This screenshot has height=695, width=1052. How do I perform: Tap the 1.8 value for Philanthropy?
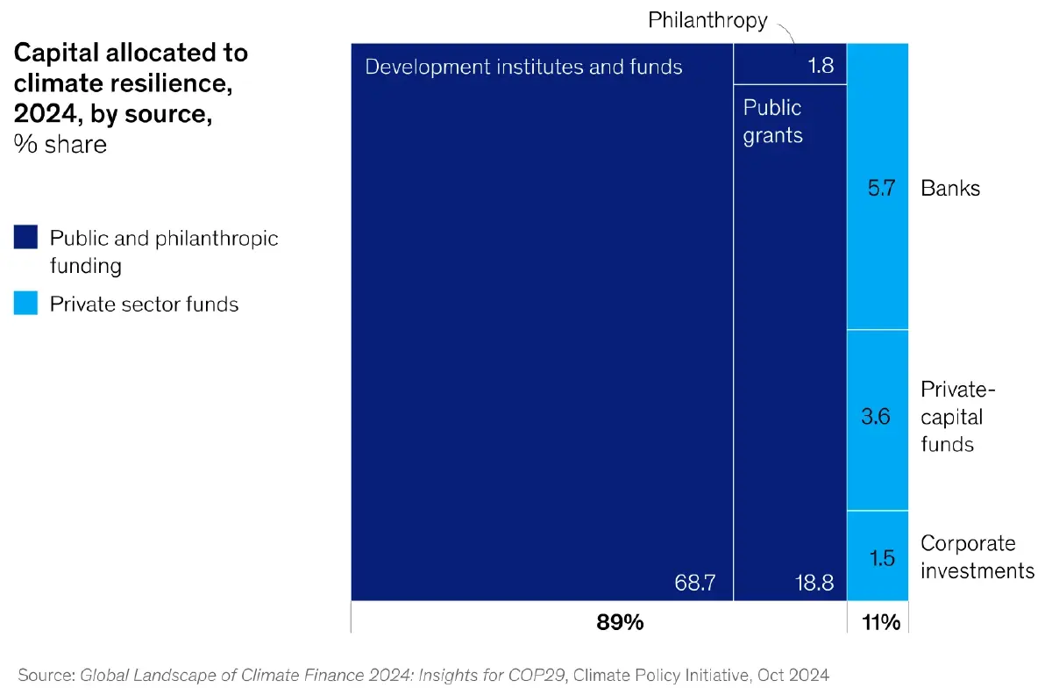[x=821, y=66]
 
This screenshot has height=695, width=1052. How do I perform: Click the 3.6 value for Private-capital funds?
[x=876, y=416]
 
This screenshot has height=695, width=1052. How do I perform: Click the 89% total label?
[x=620, y=623]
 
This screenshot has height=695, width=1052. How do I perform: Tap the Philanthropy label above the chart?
[x=707, y=20]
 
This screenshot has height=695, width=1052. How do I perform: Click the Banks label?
[x=950, y=188]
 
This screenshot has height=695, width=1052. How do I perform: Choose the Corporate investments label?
[x=977, y=557]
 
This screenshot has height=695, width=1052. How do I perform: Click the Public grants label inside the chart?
[x=772, y=121]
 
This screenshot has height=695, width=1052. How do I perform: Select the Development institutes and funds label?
[x=523, y=67]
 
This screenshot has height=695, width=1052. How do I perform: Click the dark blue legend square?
[x=26, y=238]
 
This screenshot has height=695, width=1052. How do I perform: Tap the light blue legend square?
[x=26, y=304]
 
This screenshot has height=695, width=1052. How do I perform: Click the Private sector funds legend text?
[x=144, y=305]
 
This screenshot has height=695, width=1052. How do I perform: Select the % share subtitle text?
[x=60, y=145]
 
